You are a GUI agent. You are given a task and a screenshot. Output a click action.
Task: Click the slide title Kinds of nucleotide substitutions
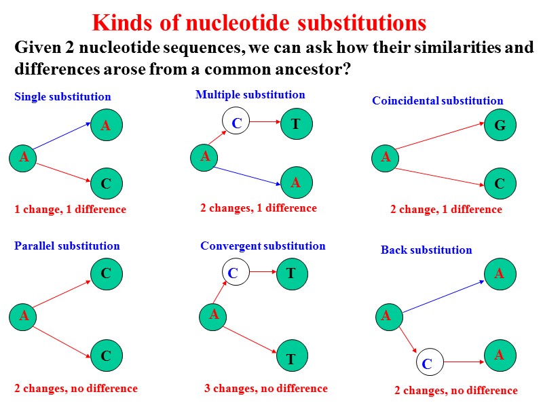point(259,23)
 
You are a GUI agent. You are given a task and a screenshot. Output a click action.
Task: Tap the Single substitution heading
point(62,97)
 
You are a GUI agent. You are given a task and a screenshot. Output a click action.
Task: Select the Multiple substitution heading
point(250,94)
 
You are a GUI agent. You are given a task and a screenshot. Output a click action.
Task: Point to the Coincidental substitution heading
point(438,101)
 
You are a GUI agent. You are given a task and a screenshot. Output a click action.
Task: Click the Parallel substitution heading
point(67,246)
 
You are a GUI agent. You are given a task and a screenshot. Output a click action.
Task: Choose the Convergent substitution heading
point(263,246)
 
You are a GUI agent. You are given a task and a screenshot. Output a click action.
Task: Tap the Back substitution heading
point(426,250)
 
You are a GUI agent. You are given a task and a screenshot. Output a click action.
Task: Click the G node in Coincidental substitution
point(500,125)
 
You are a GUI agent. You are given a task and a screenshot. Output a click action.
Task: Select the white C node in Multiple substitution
point(237,123)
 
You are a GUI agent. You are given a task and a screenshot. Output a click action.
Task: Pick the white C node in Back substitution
point(427,364)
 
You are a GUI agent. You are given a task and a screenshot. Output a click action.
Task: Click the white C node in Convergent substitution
point(233,273)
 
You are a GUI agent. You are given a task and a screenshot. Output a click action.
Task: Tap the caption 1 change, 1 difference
point(71,209)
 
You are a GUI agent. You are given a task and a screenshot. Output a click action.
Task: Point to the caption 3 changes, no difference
point(266,389)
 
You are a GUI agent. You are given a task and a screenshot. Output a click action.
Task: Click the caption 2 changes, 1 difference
point(259,208)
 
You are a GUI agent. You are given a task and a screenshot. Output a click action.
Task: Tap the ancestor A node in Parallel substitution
point(24,315)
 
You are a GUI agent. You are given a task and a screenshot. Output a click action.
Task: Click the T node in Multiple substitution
point(296,123)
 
